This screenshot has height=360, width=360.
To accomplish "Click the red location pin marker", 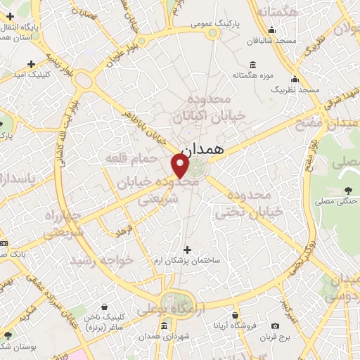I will pos(181,165).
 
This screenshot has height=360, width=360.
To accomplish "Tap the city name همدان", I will pos(202,150).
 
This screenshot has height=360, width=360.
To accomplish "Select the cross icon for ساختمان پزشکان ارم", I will pos(187,249).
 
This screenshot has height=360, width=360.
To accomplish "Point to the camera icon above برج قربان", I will pos(274,326).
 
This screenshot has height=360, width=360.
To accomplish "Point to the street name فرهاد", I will pos(124,228).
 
